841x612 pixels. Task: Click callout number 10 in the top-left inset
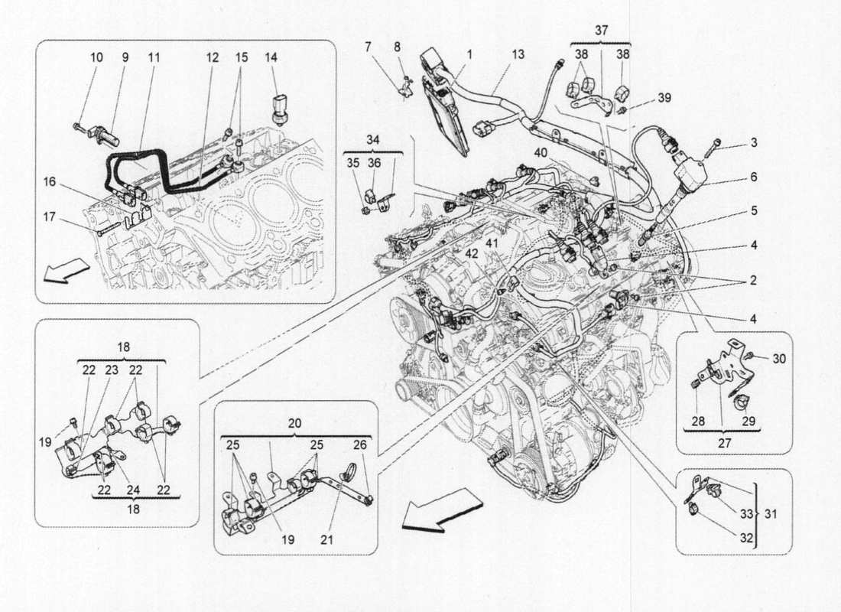[97, 57]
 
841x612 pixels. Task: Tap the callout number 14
[271, 57]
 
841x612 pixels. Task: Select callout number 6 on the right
[753, 177]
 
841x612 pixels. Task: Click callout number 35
[352, 163]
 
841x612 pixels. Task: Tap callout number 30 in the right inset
[778, 359]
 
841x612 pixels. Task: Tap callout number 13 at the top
[518, 54]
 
